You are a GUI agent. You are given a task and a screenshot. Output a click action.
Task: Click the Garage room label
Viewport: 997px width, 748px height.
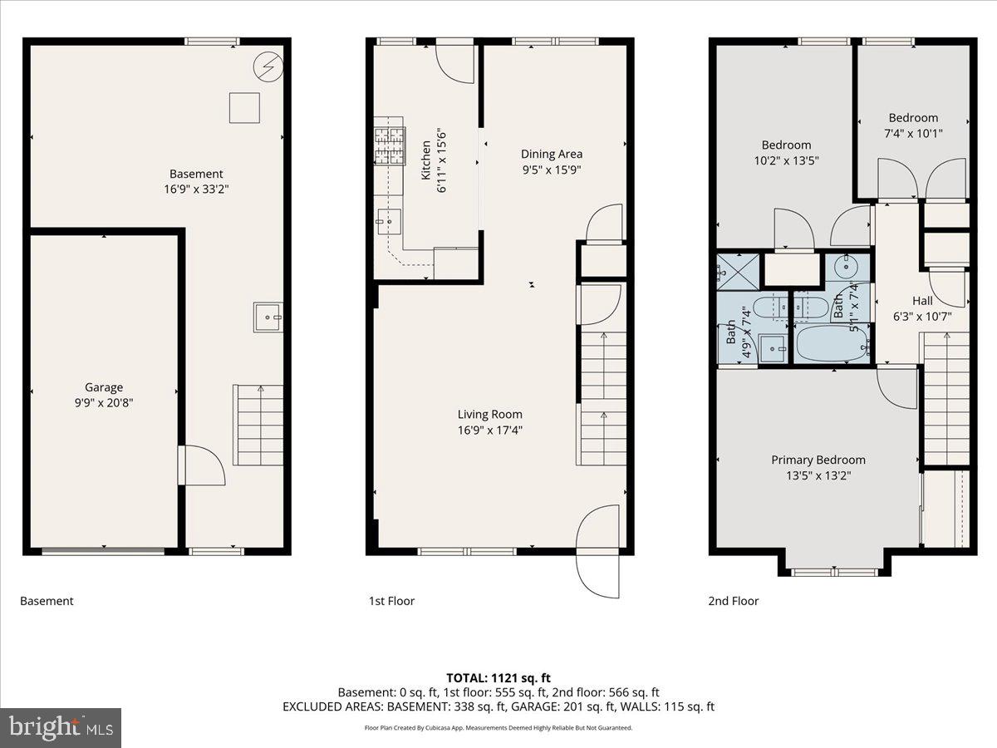click(x=104, y=387)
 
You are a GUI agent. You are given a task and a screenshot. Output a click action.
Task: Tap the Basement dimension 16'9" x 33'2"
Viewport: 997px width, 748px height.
click(x=196, y=189)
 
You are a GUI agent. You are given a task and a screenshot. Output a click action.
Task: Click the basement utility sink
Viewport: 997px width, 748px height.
click(x=268, y=317)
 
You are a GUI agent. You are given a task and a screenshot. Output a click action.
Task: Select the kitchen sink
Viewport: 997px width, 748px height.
click(x=388, y=221)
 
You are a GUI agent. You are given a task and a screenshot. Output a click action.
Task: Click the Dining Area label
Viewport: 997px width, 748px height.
click(x=552, y=154)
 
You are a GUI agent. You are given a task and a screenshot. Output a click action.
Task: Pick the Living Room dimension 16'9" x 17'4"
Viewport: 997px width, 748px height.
click(x=490, y=430)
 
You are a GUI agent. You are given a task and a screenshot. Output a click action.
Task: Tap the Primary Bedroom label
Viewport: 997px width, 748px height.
click(x=818, y=460)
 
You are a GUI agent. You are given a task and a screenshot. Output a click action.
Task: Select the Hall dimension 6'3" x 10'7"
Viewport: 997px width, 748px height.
click(x=922, y=316)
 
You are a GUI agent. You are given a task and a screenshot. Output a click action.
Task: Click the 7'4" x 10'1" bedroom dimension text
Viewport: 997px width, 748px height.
click(x=913, y=133)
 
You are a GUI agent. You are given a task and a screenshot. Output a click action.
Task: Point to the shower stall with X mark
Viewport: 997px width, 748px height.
click(x=737, y=271)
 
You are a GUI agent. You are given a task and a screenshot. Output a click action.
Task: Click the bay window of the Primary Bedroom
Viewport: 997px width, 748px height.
click(x=834, y=572)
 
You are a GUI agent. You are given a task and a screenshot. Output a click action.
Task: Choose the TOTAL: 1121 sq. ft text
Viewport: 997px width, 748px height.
click(x=498, y=677)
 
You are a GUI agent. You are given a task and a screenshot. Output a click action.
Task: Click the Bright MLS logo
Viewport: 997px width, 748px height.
click(x=61, y=727)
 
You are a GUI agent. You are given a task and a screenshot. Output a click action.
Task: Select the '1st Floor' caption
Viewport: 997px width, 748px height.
click(x=391, y=601)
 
